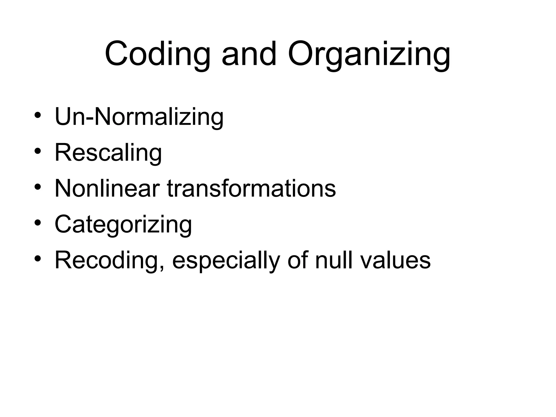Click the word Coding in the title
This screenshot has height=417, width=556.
[157, 54]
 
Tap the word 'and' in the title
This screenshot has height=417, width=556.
[249, 54]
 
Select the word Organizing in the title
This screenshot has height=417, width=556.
[369, 54]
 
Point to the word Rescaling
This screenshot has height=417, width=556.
[108, 153]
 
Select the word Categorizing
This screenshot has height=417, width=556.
[123, 225]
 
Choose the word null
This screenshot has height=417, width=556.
[334, 260]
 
